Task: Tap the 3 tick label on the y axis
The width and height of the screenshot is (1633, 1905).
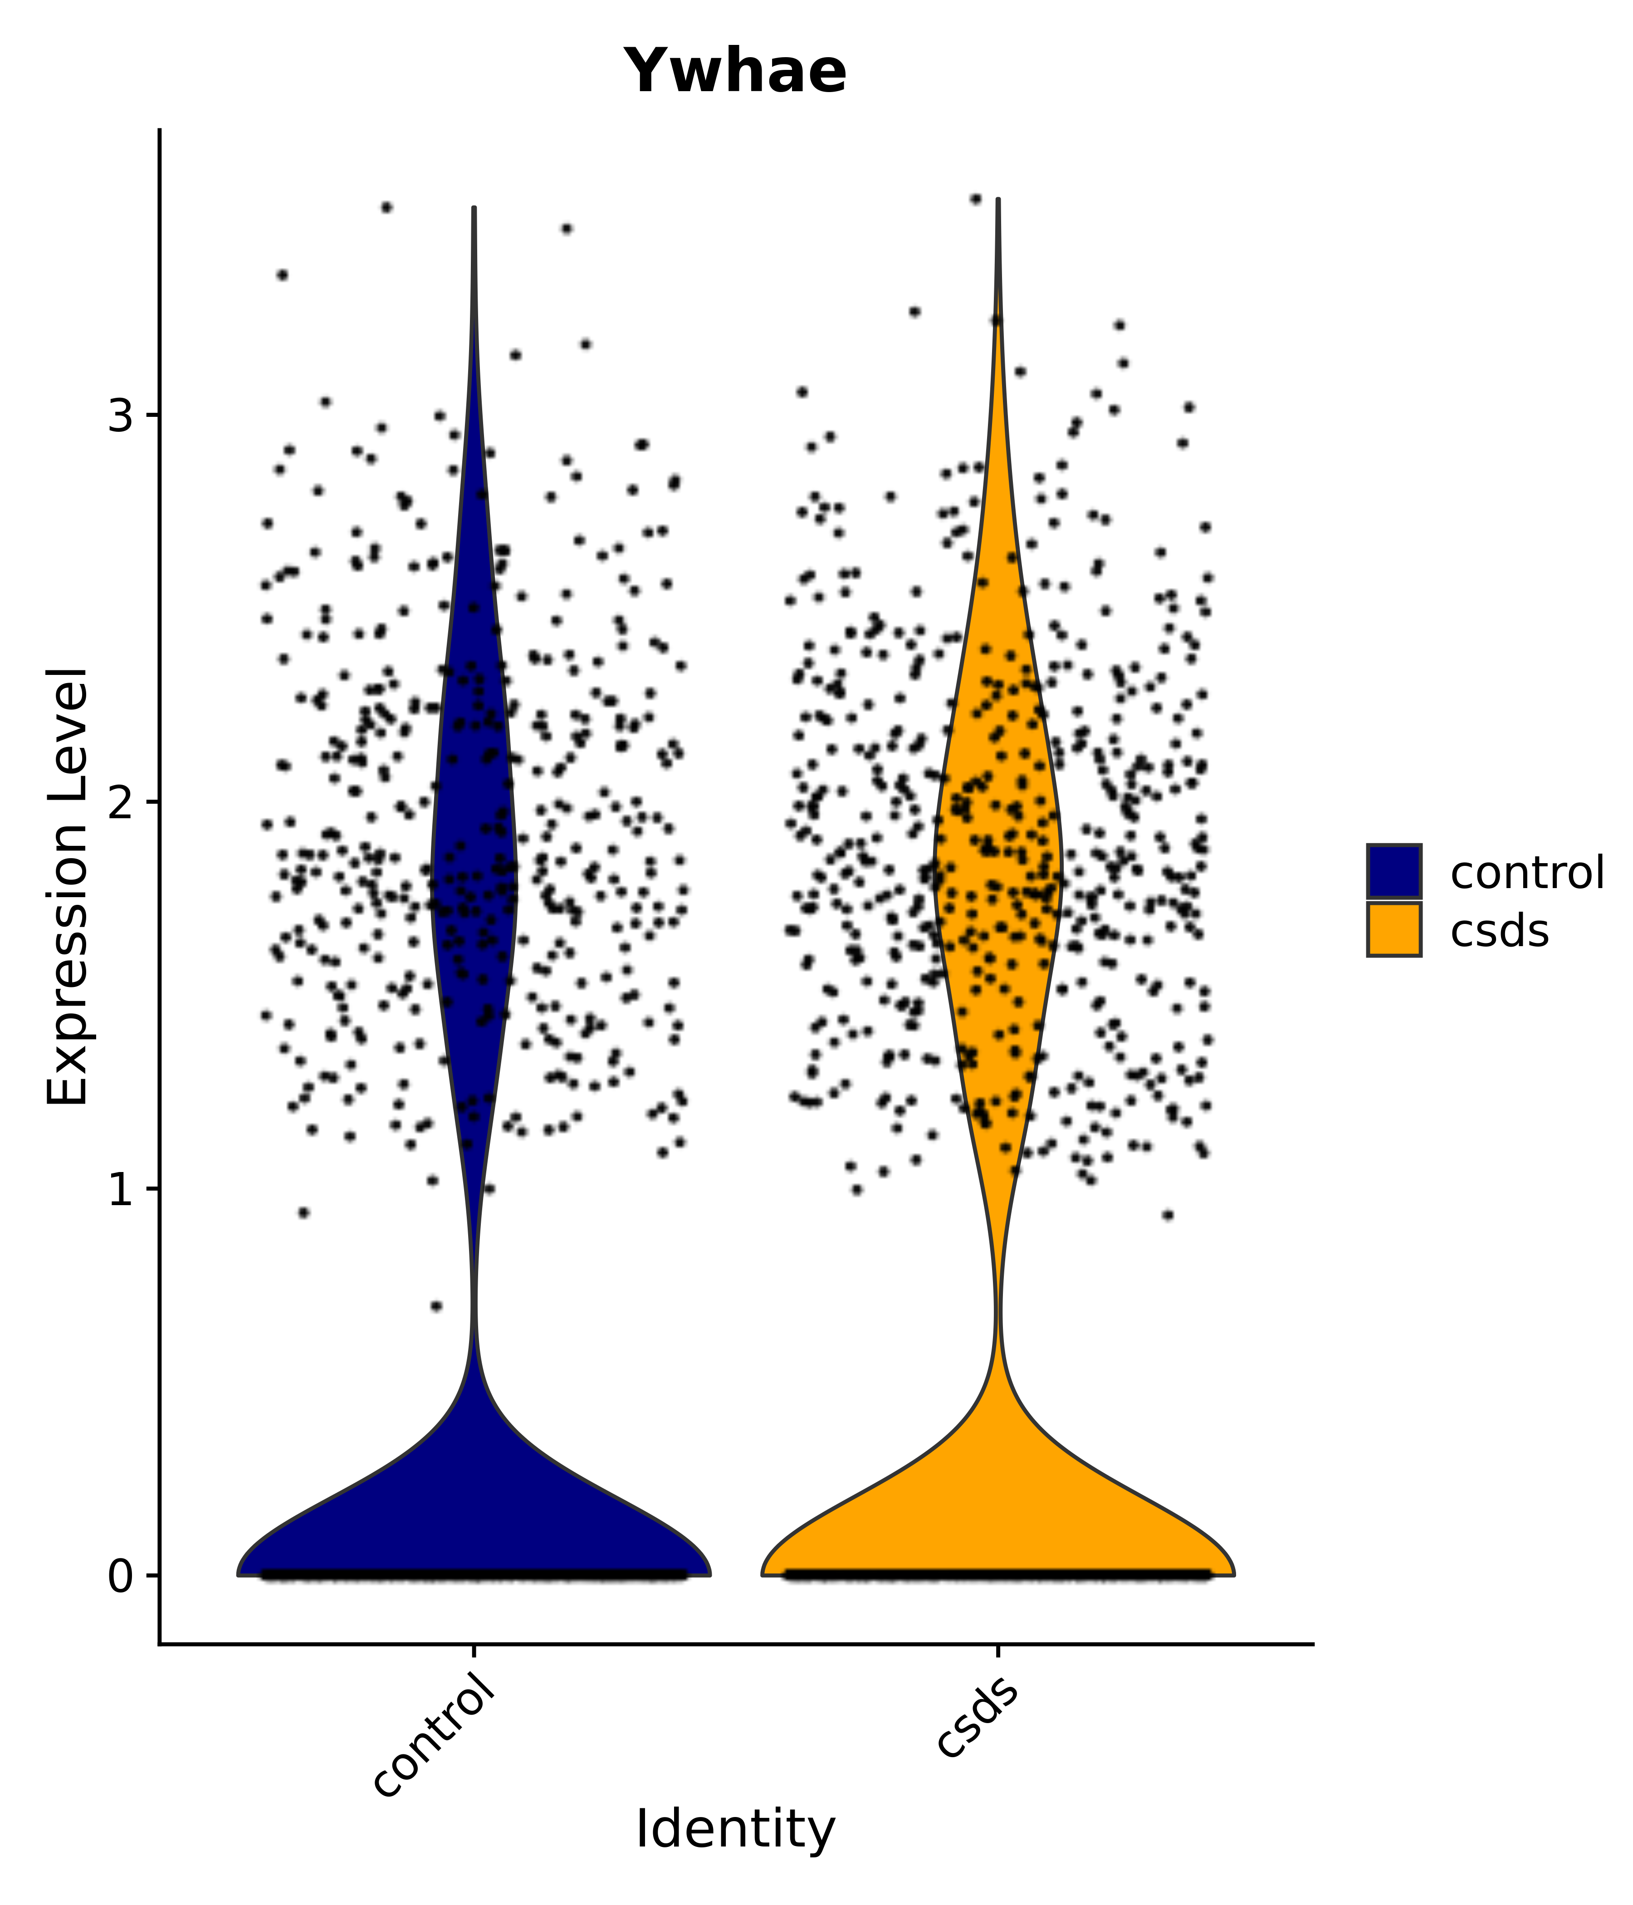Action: tap(122, 415)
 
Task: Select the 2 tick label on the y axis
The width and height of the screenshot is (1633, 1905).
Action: tap(122, 802)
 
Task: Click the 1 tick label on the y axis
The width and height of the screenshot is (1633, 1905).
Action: tap(122, 1189)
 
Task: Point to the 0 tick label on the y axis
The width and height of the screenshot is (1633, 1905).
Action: tap(122, 1576)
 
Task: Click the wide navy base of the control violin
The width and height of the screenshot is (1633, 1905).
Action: tap(474, 1526)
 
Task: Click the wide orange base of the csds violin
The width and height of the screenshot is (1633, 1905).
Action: tap(997, 1526)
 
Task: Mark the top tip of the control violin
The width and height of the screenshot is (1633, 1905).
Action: tap(474, 210)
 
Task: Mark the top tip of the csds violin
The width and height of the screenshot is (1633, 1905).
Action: tap(997, 200)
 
